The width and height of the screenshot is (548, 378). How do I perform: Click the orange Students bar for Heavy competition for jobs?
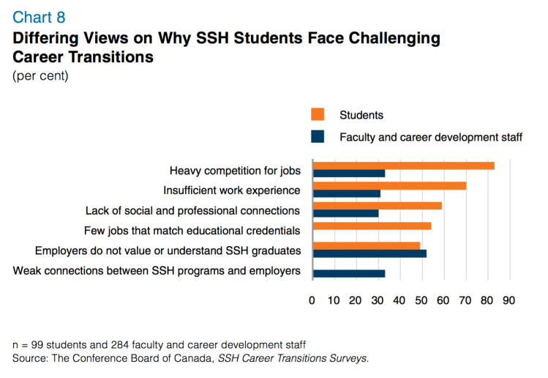point(403,166)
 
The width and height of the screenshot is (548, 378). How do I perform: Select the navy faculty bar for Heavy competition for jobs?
point(348,174)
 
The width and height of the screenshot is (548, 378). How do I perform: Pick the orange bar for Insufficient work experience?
point(389,185)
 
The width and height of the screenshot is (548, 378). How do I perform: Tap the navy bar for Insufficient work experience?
point(346,193)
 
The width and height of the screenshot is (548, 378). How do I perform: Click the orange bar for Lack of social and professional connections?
point(377,206)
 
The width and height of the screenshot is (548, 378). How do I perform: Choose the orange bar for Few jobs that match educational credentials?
point(372,226)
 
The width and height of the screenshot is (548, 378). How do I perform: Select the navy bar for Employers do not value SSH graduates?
point(369,253)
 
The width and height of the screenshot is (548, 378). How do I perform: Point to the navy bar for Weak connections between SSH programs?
point(348,273)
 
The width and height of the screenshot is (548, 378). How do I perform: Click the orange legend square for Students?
point(318,114)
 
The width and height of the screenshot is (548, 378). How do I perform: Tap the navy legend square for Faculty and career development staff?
point(318,136)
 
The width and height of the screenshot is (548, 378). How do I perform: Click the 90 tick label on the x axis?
point(508,300)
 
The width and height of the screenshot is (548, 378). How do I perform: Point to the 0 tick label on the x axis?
point(312,300)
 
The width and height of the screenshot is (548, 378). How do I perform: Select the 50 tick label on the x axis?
point(421,300)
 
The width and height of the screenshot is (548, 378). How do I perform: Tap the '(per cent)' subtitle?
point(41,75)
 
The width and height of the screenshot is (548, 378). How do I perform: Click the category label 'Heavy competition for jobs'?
point(235,171)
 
